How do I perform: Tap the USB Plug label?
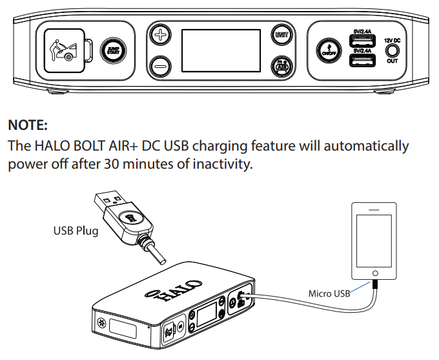76,230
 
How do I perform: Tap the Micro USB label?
329,293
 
